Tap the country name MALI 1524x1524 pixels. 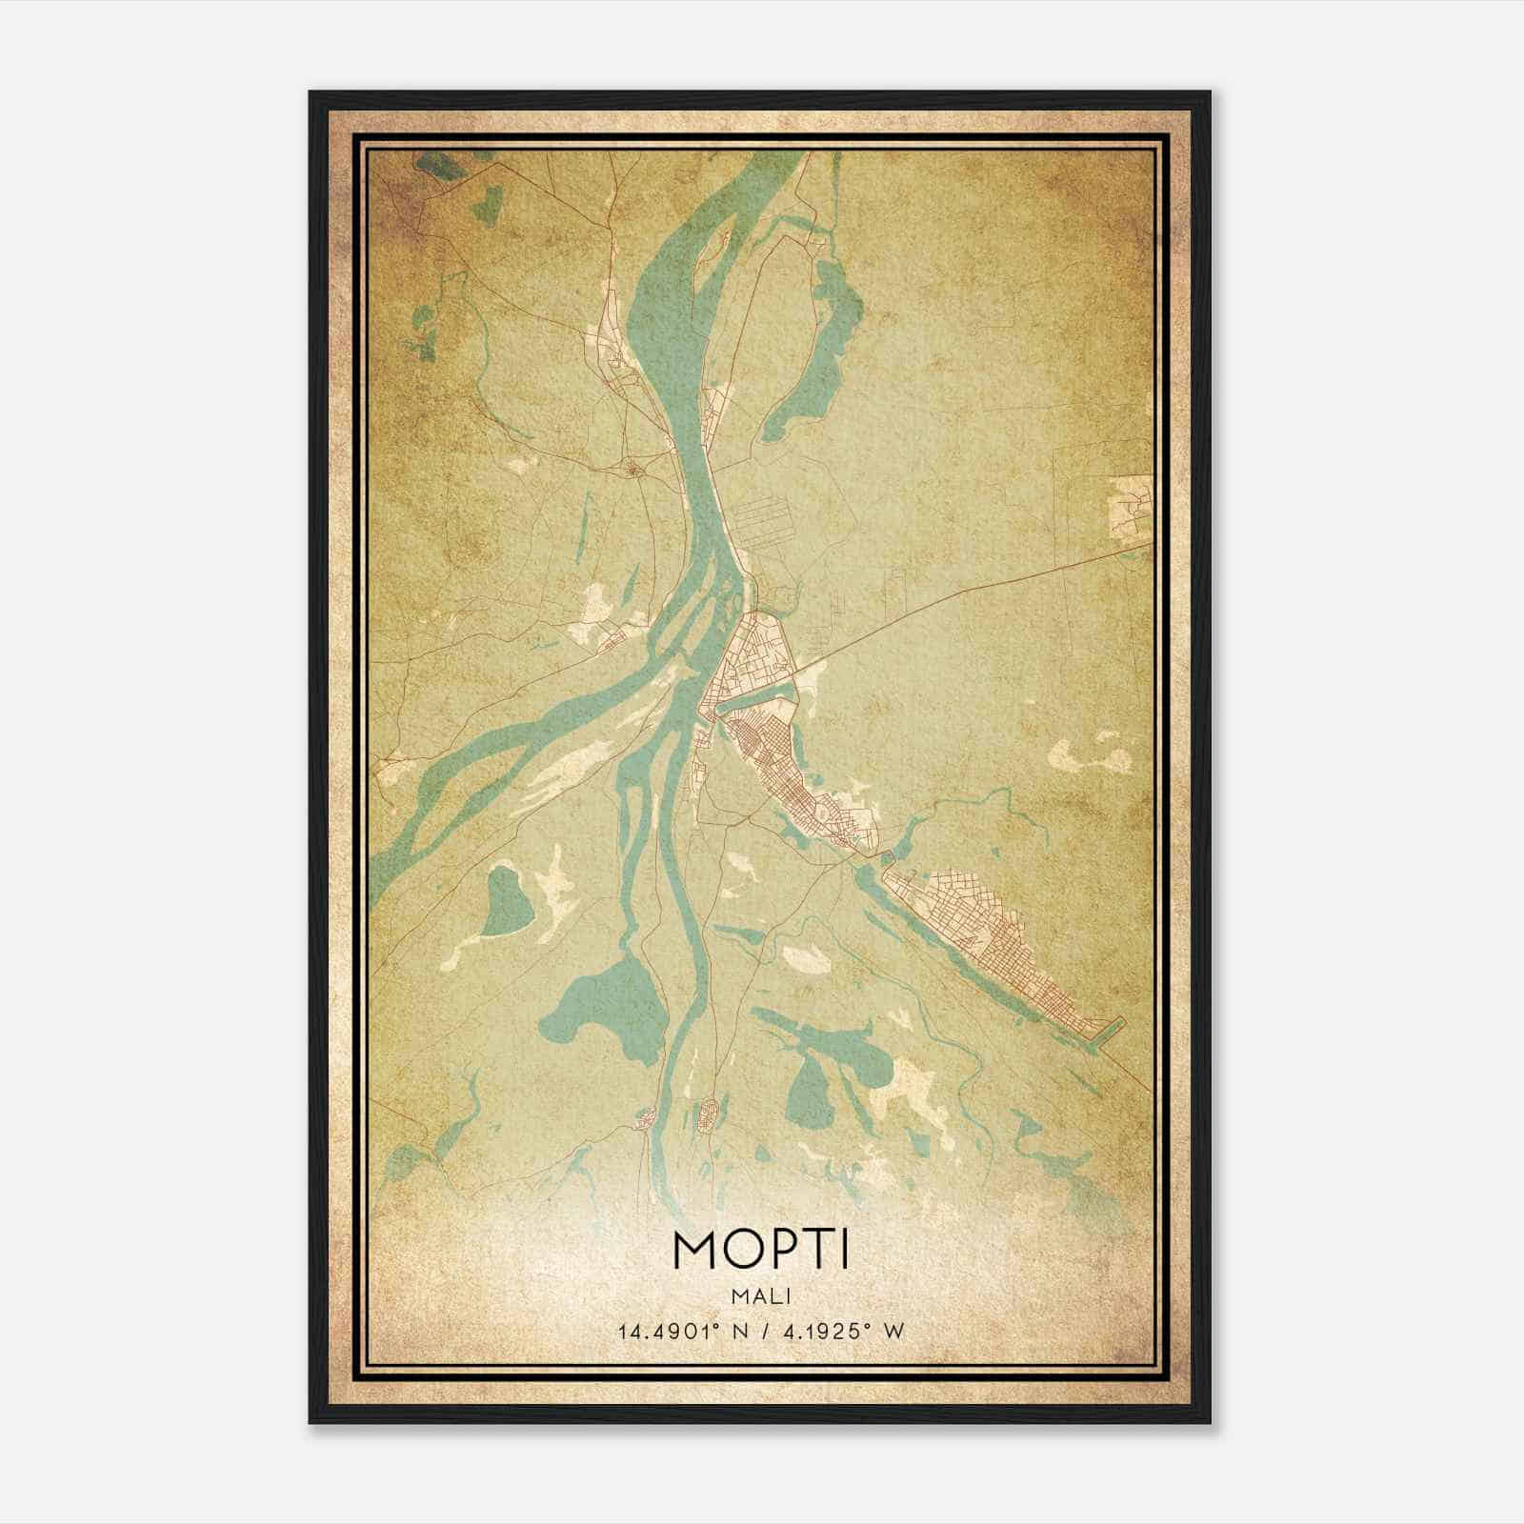click(x=760, y=1295)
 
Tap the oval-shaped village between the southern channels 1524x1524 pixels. click(x=709, y=1115)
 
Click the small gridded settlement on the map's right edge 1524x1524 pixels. click(x=1131, y=505)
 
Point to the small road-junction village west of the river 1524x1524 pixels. click(x=632, y=468)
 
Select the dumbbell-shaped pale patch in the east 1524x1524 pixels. click(x=1090, y=752)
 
